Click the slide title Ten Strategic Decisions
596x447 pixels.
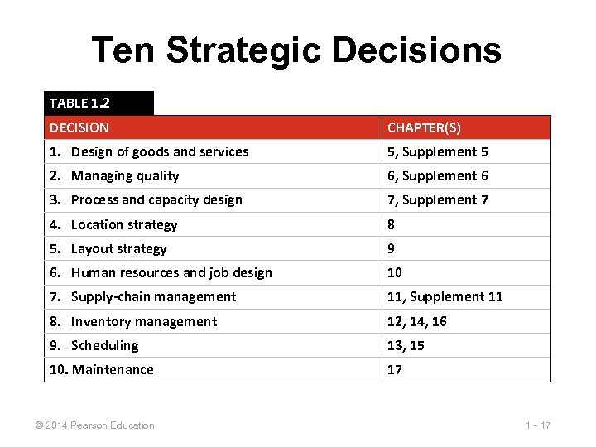coord(296,50)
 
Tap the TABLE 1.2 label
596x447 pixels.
coord(79,103)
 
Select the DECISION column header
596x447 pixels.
coord(79,127)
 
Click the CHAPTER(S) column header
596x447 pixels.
coord(425,127)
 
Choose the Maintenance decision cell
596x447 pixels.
coord(102,369)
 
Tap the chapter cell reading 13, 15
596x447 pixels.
coord(406,345)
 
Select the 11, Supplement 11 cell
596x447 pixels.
coord(445,296)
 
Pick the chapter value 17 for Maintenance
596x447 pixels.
coord(395,369)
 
